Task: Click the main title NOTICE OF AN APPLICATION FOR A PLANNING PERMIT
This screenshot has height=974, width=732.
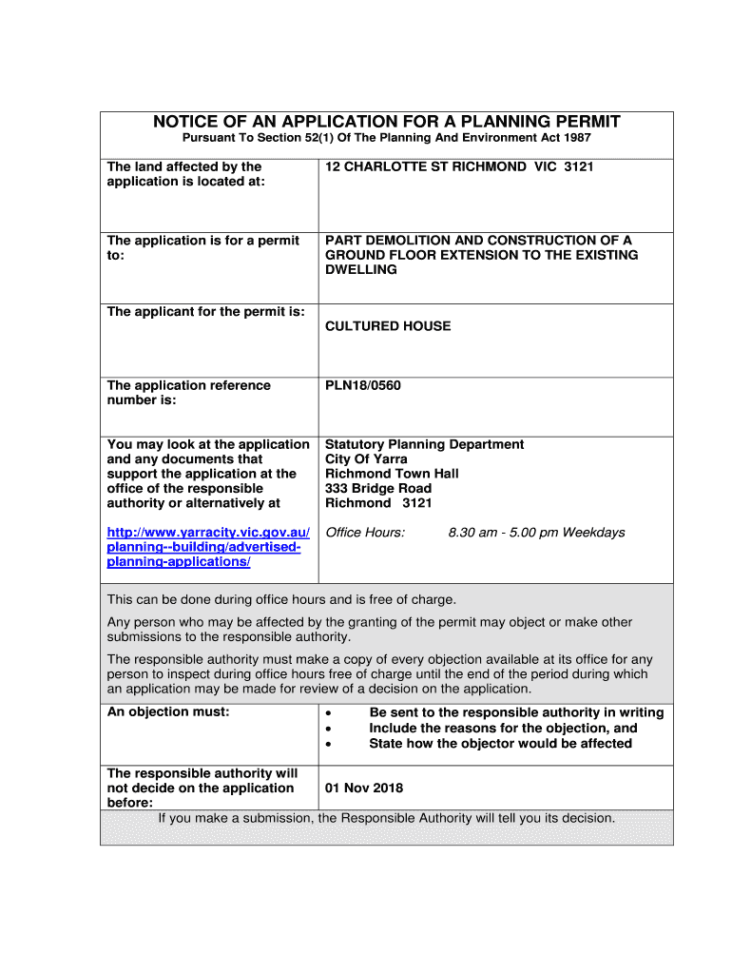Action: pyautogui.click(x=387, y=122)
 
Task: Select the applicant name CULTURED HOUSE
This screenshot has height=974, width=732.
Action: pyautogui.click(x=388, y=326)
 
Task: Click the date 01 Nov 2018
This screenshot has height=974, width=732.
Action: pyautogui.click(x=364, y=789)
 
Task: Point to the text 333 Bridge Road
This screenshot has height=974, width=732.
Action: pyautogui.click(x=378, y=488)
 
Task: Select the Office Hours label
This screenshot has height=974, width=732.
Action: pyautogui.click(x=365, y=533)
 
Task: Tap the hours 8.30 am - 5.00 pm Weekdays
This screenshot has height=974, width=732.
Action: pyautogui.click(x=536, y=533)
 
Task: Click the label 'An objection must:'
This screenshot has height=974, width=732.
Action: pyautogui.click(x=168, y=712)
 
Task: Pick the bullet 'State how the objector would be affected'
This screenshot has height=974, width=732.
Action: pyautogui.click(x=500, y=744)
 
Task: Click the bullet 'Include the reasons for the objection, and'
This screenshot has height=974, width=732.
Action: pyautogui.click(x=503, y=729)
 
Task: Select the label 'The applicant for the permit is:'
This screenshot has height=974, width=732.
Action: pyautogui.click(x=206, y=312)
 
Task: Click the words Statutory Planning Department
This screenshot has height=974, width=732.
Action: pyautogui.click(x=424, y=444)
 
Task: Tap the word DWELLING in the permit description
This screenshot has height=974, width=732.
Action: pyautogui.click(x=361, y=269)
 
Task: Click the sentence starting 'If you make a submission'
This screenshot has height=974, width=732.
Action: pyautogui.click(x=387, y=818)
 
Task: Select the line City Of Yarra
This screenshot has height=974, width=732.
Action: pyautogui.click(x=366, y=459)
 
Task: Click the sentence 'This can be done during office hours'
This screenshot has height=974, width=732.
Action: pyautogui.click(x=281, y=599)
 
